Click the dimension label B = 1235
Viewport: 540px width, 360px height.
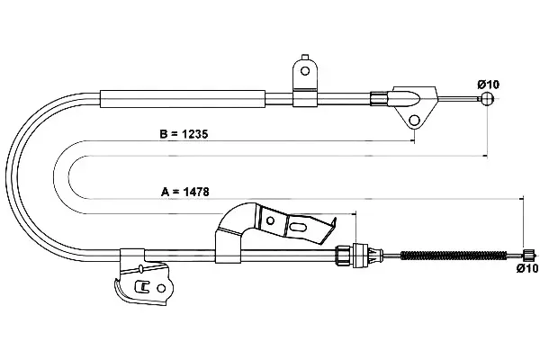point(184,134)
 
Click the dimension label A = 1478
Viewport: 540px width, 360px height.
point(184,192)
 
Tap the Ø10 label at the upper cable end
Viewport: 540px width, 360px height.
point(488,84)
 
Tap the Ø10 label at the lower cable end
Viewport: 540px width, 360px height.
point(526,268)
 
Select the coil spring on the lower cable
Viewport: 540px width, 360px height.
point(454,256)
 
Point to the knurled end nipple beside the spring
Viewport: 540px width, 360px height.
point(528,256)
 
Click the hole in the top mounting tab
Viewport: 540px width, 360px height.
point(304,71)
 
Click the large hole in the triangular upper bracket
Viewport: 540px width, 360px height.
point(414,121)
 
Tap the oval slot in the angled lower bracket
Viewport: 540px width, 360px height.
point(298,228)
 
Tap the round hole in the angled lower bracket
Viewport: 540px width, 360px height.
point(270,220)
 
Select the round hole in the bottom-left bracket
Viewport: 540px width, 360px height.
point(161,288)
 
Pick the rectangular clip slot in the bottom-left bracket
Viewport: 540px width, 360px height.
point(142,286)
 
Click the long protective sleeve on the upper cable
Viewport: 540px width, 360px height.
point(183,99)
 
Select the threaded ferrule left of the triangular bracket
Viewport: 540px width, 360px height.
point(379,98)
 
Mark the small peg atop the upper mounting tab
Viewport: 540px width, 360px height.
point(304,58)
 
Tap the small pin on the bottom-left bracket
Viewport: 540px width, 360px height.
point(140,268)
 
